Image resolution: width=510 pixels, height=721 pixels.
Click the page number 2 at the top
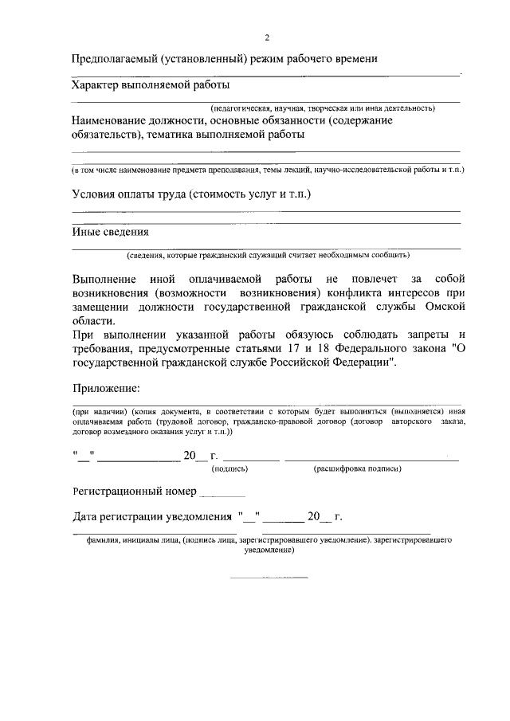point(268,37)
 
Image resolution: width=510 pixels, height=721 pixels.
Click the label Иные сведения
point(110,232)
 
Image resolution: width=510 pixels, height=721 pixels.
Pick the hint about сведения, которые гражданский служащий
point(267,256)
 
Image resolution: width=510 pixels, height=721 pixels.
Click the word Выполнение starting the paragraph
point(104,279)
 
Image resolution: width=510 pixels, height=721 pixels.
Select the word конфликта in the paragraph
point(350,292)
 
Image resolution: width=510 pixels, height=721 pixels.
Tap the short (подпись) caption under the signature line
point(229,469)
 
